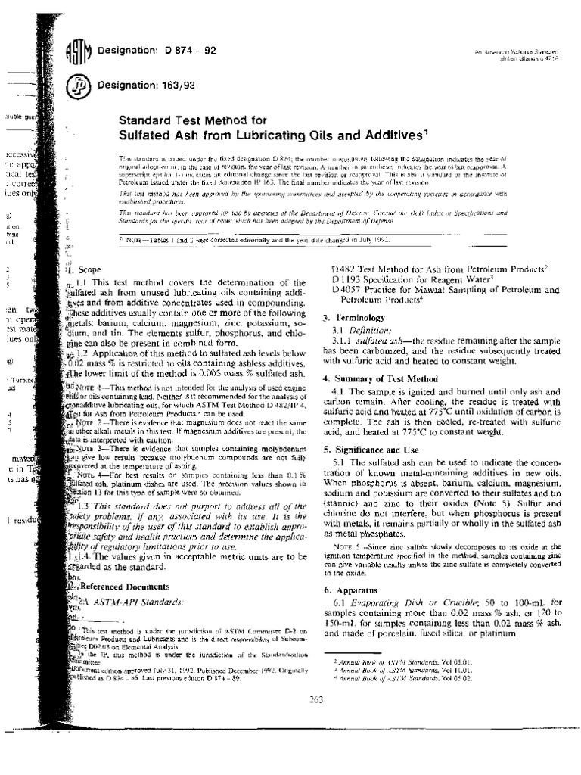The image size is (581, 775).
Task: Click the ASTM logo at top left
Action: point(79,54)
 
